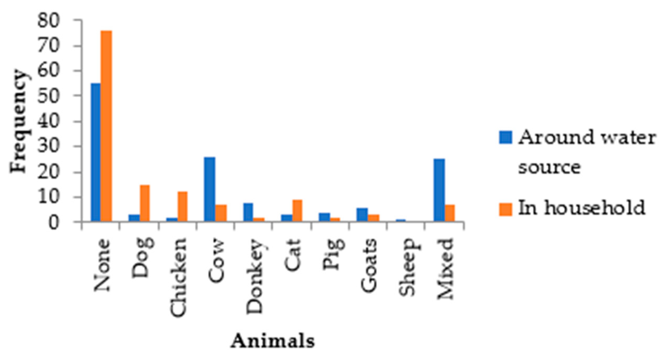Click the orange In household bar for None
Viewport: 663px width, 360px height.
[x=106, y=125]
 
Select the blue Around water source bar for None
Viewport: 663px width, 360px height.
[x=95, y=152]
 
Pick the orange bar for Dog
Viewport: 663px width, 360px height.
[x=145, y=203]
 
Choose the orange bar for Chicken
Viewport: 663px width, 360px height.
[x=183, y=206]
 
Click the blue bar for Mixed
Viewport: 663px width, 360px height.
[x=439, y=190]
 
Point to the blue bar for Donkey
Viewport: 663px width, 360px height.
[x=248, y=212]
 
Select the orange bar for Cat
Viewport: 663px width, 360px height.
[x=297, y=210]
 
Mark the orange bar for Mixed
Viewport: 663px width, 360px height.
[x=450, y=213]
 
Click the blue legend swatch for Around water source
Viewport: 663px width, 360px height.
[x=505, y=137]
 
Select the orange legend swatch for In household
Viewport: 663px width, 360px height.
[x=505, y=209]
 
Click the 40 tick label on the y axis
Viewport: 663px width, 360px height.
[x=48, y=122]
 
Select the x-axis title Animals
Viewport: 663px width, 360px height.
[x=273, y=340]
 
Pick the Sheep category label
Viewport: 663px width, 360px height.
[x=407, y=267]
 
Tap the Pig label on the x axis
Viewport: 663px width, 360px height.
[x=332, y=254]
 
